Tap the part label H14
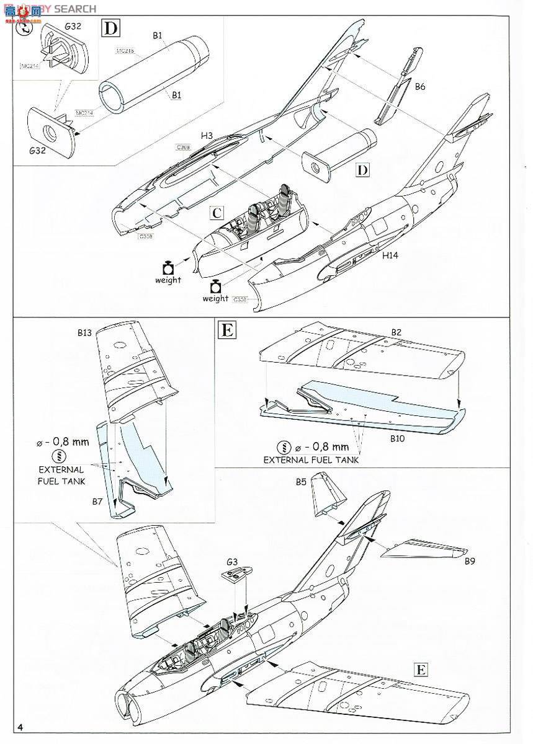(390, 255)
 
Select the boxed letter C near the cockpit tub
(215, 213)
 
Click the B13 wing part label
(85, 333)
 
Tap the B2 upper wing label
(396, 332)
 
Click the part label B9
(472, 561)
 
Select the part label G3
(231, 562)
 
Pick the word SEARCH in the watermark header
(74, 9)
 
